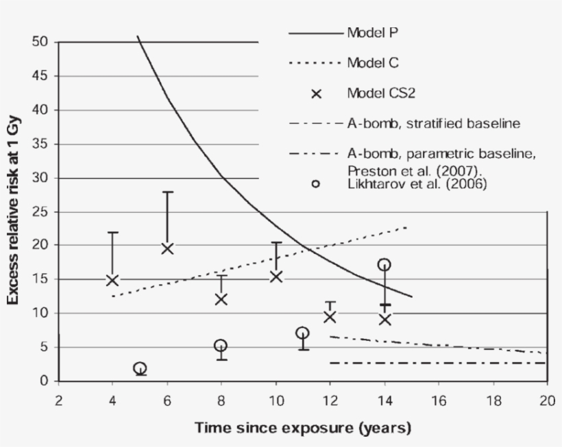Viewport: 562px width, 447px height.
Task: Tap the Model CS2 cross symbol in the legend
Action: (x=316, y=94)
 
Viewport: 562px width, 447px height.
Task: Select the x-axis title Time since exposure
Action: (x=303, y=429)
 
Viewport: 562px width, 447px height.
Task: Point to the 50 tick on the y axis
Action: (x=40, y=42)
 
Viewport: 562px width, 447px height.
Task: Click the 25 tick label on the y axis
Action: (x=40, y=212)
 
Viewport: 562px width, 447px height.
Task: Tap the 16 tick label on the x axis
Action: (x=439, y=400)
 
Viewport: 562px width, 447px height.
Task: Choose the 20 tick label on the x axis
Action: (x=546, y=400)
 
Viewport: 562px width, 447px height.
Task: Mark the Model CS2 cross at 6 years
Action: (x=167, y=248)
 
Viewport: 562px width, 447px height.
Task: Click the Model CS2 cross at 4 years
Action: (x=112, y=279)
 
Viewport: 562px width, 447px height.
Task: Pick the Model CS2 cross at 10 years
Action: (x=276, y=277)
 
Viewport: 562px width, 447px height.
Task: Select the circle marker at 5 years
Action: (x=140, y=368)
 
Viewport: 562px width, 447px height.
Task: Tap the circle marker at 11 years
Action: (x=302, y=333)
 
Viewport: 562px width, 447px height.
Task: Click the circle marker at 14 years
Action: (x=384, y=265)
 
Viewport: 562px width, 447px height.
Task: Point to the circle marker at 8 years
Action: (x=221, y=346)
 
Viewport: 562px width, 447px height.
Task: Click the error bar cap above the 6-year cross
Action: (x=167, y=192)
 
